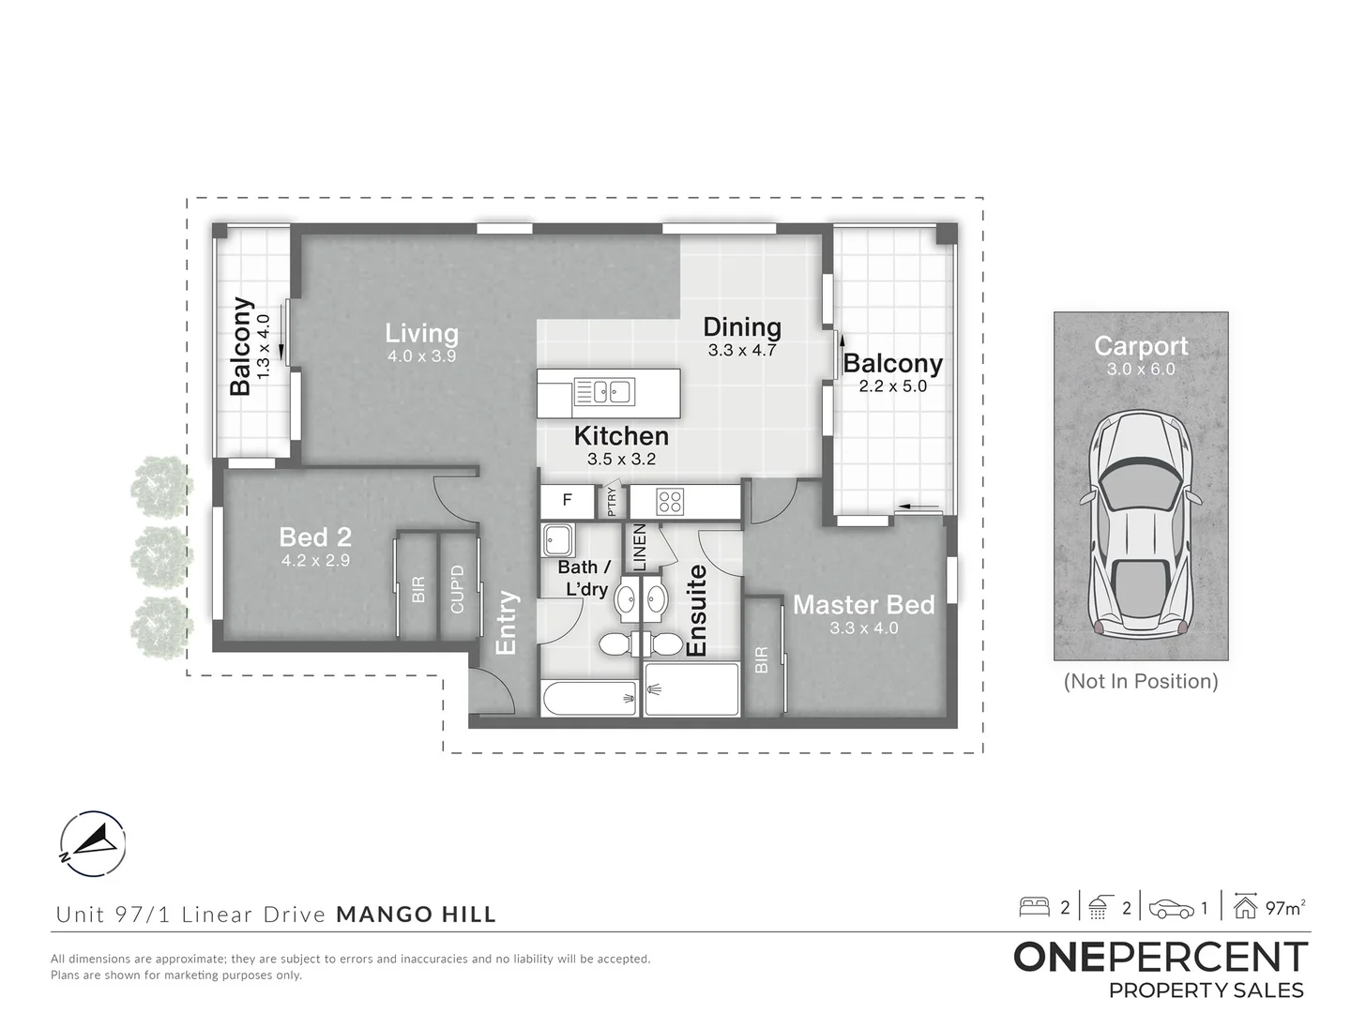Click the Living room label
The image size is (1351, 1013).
(421, 333)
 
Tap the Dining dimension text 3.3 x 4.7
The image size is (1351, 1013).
(742, 351)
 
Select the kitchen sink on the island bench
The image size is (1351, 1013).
(604, 391)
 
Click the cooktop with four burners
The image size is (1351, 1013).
(670, 502)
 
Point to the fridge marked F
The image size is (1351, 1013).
(567, 501)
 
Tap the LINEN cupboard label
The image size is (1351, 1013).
(640, 548)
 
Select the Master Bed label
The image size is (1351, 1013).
(863, 605)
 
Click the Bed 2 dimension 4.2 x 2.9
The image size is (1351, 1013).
(315, 561)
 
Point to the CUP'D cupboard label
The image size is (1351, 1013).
(458, 589)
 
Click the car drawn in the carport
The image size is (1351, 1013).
(1140, 522)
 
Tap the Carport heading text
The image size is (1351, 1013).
(1140, 346)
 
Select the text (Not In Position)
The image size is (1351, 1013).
(1140, 681)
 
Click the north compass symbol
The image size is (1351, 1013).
(92, 840)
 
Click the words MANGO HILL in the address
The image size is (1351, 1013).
(416, 914)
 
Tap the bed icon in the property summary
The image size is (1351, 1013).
(1035, 907)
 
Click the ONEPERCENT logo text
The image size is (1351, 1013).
(1160, 958)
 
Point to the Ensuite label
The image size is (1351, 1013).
(696, 611)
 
